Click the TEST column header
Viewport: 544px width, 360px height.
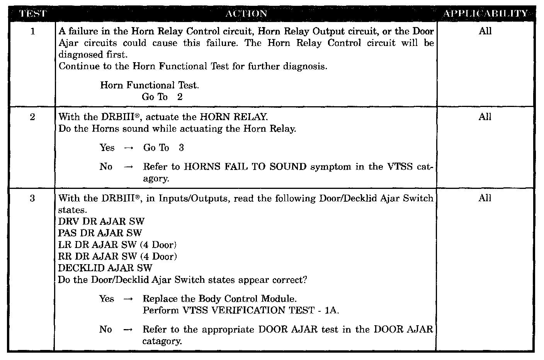[32, 14]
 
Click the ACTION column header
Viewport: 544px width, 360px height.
[246, 14]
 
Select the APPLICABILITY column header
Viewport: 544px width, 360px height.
[485, 14]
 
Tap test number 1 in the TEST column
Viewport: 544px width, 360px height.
[32, 31]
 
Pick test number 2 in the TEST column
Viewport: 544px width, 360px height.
[32, 117]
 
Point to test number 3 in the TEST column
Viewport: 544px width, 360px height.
[32, 199]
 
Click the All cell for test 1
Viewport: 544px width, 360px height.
[485, 31]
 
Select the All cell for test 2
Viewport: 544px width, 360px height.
[485, 117]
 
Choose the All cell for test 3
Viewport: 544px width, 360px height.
[485, 198]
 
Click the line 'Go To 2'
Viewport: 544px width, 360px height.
[162, 97]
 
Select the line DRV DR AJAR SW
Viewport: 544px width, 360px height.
[101, 222]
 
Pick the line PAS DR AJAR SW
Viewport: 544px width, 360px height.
[100, 233]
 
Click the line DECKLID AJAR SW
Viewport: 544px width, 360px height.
[105, 268]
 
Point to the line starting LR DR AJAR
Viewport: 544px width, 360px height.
[117, 245]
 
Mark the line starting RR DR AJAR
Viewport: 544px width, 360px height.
[117, 256]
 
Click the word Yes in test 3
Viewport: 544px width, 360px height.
[107, 299]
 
